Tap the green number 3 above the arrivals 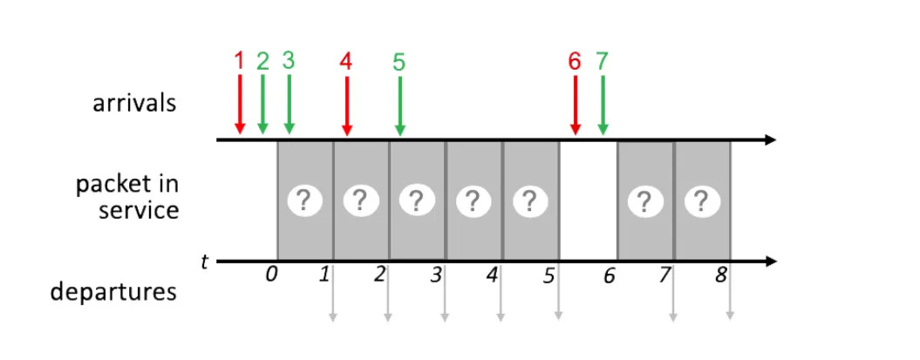tap(289, 61)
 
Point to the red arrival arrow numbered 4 tap(346, 105)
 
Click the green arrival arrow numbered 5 tap(399, 105)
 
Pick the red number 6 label tap(574, 62)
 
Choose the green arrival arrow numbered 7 tap(602, 105)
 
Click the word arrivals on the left tap(134, 104)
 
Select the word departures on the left tap(113, 291)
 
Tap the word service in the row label tap(139, 210)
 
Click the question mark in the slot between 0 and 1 tap(303, 201)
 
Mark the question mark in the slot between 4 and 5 tap(529, 201)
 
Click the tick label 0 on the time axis tap(271, 275)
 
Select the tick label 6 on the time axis tap(609, 276)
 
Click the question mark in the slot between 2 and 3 tap(417, 201)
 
